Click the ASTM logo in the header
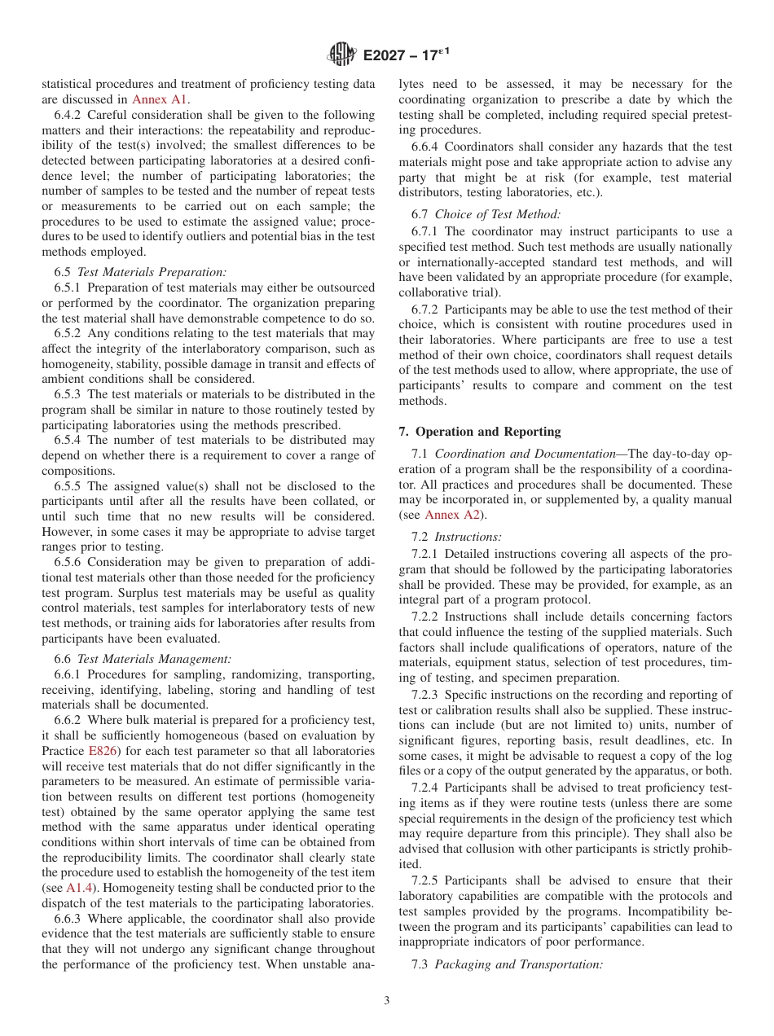coord(342,55)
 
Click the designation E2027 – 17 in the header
coord(406,56)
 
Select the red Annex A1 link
coord(160,99)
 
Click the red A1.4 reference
coord(79,887)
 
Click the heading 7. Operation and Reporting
coord(479,432)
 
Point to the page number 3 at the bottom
coord(387,1001)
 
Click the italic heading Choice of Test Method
coord(497,214)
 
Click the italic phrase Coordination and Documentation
coord(525,454)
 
